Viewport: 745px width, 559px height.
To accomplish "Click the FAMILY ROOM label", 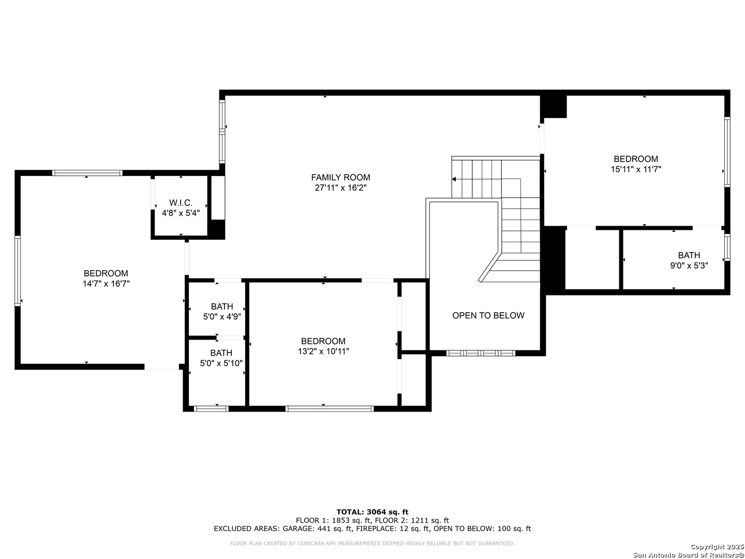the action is click(340, 177).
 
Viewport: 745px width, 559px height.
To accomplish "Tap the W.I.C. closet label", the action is click(181, 202).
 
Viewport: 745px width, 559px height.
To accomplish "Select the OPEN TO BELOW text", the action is click(488, 315).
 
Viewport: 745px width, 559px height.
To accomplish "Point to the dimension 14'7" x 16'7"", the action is click(106, 284).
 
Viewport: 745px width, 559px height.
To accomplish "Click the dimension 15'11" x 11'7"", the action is click(635, 169).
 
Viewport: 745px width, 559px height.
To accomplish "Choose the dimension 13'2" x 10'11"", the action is click(323, 351).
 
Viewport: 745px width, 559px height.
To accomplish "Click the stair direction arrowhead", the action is click(453, 179).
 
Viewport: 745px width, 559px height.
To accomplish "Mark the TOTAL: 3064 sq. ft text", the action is click(372, 512).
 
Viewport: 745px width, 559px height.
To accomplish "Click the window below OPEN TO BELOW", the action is click(480, 353).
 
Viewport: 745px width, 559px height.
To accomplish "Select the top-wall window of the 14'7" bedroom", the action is click(87, 173).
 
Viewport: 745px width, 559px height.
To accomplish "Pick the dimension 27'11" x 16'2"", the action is click(340, 187).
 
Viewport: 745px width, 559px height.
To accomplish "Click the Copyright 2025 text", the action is click(717, 547).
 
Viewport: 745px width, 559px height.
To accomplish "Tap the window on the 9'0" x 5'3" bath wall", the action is click(727, 247).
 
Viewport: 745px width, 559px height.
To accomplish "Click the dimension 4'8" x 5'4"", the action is click(181, 213).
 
